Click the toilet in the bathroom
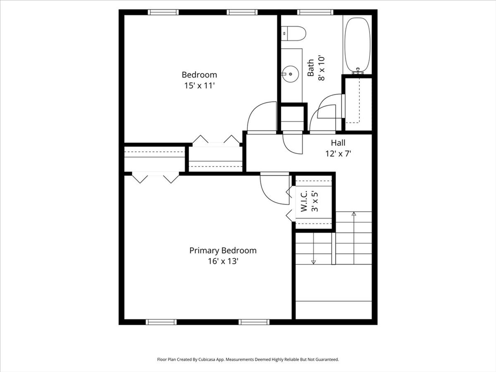(x=295, y=33)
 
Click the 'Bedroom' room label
(x=199, y=75)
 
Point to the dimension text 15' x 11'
(x=199, y=86)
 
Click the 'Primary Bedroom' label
(x=223, y=250)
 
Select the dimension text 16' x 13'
(x=223, y=262)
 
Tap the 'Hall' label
(x=338, y=143)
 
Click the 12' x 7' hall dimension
(x=338, y=154)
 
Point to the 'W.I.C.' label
(x=304, y=201)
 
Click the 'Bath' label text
(x=310, y=68)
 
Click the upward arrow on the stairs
(x=354, y=213)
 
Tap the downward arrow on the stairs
(x=313, y=262)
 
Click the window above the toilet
(x=315, y=12)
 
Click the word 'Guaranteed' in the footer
(x=327, y=359)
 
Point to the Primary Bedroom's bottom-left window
(x=161, y=322)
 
